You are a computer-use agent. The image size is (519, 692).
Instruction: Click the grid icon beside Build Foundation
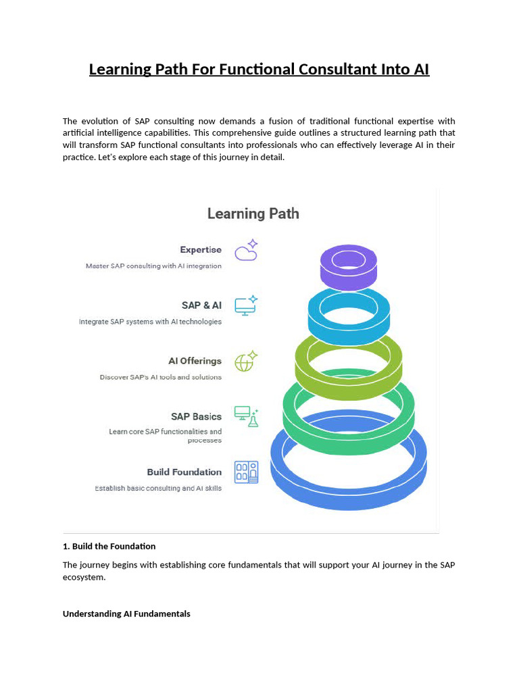[x=246, y=472]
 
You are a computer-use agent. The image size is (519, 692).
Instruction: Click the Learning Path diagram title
[x=253, y=214]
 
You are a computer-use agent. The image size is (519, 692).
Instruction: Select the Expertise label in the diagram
[x=201, y=250]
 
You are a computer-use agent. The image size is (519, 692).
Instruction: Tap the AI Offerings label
[x=195, y=361]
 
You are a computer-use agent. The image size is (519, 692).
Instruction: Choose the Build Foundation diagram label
[x=184, y=472]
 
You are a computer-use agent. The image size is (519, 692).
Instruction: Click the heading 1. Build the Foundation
[x=109, y=546]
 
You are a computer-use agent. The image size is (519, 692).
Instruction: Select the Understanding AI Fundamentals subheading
[x=126, y=614]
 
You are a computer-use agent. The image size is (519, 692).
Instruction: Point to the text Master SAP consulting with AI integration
[x=153, y=266]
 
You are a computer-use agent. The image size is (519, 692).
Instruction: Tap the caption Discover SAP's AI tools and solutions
[x=160, y=377]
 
